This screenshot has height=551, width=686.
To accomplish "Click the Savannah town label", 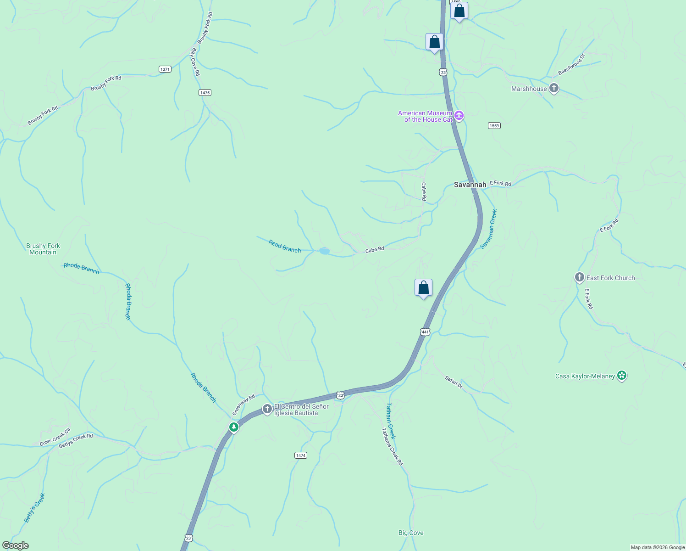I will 470,185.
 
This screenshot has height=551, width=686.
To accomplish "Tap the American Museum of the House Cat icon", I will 459,116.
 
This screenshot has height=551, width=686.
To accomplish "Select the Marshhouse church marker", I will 554,88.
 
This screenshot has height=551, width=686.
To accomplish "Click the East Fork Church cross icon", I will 579,277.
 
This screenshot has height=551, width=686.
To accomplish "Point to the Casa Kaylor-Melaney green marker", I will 622,376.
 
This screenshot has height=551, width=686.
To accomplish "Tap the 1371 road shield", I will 165,69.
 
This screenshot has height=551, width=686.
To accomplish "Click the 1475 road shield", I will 205,93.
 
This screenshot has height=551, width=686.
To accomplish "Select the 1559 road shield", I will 494,126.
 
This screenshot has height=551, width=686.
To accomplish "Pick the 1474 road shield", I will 300,455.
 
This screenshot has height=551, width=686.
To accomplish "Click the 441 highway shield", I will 425,332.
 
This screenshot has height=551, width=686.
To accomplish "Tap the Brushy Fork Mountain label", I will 43,249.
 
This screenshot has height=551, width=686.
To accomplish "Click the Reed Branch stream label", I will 285,247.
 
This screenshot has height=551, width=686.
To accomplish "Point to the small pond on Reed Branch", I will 324,251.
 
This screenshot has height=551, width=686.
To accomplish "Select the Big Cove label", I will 411,533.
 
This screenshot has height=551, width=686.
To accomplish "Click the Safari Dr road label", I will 454,382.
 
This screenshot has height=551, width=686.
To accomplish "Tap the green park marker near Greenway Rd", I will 234,427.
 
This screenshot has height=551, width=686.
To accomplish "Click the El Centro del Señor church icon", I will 267,409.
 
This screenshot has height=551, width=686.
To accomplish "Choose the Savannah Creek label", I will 488,229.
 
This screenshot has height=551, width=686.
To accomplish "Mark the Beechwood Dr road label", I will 571,65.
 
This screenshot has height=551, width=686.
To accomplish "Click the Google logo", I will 16,545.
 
